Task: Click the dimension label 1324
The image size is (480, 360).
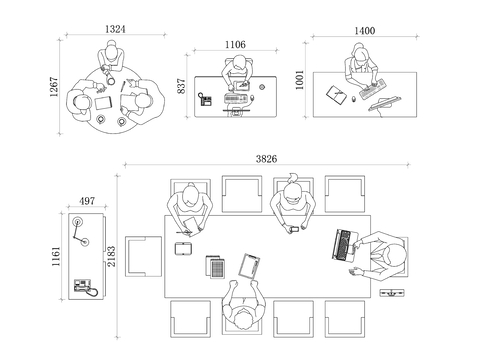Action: (115, 29)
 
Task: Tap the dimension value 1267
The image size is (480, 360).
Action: (54, 87)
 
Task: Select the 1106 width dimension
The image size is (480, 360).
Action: (235, 44)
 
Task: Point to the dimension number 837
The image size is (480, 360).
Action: (181, 86)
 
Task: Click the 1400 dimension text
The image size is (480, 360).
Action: (364, 31)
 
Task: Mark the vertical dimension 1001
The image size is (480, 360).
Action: (300, 80)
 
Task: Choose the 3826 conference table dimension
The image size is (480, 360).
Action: (266, 159)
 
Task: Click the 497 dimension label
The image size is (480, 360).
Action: (87, 201)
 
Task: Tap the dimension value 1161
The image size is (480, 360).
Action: (56, 256)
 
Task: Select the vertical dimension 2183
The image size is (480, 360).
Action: (111, 256)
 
